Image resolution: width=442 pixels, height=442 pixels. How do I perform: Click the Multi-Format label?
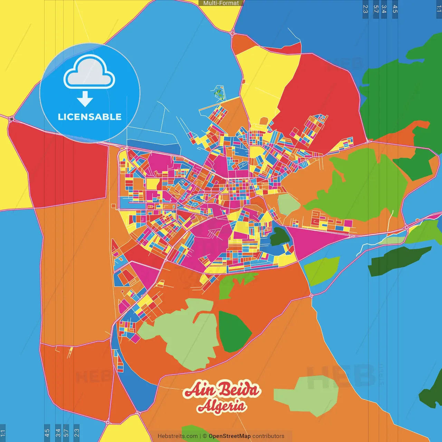(x=221, y=3)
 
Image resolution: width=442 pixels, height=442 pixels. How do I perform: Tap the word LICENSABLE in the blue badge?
(x=89, y=117)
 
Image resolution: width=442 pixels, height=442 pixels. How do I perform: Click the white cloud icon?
(x=89, y=72)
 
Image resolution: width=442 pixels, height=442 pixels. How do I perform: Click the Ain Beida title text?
(x=222, y=390)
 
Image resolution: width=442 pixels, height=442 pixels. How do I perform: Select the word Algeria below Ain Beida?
(x=222, y=406)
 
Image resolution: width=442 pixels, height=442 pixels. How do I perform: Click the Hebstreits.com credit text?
(x=177, y=436)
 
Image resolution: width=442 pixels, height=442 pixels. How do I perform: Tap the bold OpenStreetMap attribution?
(x=230, y=436)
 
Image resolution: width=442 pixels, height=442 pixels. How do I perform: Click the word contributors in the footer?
(x=268, y=436)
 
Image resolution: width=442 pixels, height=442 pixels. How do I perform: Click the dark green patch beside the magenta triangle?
(x=279, y=237)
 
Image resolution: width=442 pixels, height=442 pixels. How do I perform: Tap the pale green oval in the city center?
(x=288, y=204)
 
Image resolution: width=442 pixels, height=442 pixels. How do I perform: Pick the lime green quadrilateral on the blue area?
(x=321, y=271)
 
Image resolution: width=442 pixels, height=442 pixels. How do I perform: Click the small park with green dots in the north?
(x=219, y=93)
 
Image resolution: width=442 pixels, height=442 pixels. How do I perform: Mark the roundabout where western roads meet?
(x=12, y=119)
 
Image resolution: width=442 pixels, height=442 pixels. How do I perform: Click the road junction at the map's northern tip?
(x=232, y=33)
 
